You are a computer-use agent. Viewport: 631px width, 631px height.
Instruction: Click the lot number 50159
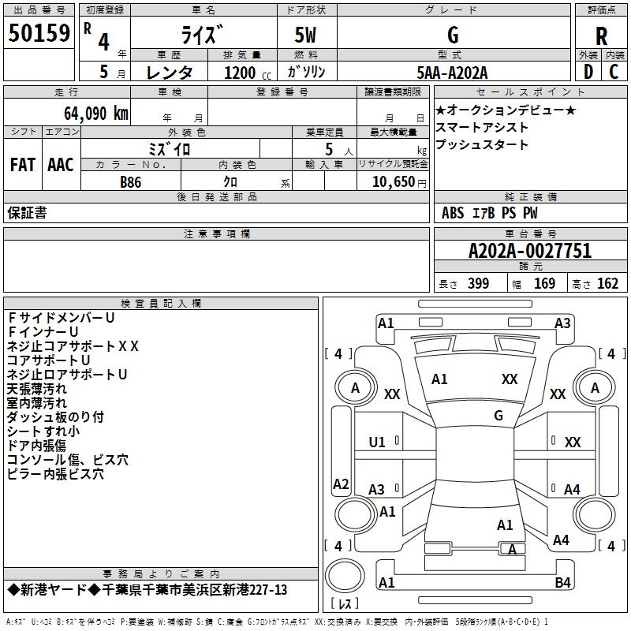pyautogui.click(x=39, y=32)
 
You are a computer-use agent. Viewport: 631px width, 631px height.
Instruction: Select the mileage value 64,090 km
pyautogui.click(x=96, y=113)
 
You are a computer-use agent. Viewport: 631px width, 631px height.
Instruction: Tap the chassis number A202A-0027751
pyautogui.click(x=530, y=251)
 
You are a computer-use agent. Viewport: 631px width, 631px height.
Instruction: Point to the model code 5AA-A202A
pyautogui.click(x=452, y=73)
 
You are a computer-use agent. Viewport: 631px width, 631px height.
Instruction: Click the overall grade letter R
pyautogui.click(x=601, y=36)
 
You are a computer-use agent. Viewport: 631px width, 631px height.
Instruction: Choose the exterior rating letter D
pyautogui.click(x=588, y=72)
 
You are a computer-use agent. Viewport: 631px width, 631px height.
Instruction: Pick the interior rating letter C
pyautogui.click(x=614, y=72)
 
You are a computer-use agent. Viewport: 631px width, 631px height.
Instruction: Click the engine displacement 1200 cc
pyautogui.click(x=248, y=73)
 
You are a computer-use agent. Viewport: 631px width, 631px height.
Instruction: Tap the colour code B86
pyautogui.click(x=131, y=182)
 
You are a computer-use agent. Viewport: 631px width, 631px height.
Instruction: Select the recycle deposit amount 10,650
pyautogui.click(x=393, y=181)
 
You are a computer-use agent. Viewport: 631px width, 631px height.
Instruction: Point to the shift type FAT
pyautogui.click(x=23, y=165)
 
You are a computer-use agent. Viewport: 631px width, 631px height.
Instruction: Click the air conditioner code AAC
pyautogui.click(x=61, y=165)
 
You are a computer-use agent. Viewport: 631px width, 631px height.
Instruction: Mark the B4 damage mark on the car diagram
pyautogui.click(x=562, y=582)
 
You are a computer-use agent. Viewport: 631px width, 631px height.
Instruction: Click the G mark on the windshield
pyautogui.click(x=498, y=415)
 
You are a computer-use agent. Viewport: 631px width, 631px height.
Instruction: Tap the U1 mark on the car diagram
pyautogui.click(x=377, y=442)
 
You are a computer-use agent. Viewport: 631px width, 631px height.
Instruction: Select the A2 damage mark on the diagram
pyautogui.click(x=341, y=484)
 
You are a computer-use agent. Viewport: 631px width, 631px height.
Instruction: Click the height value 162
pyautogui.click(x=607, y=283)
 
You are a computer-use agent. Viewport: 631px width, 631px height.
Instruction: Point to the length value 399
pyautogui.click(x=479, y=283)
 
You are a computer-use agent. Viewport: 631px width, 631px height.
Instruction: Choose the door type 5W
pyautogui.click(x=305, y=35)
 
